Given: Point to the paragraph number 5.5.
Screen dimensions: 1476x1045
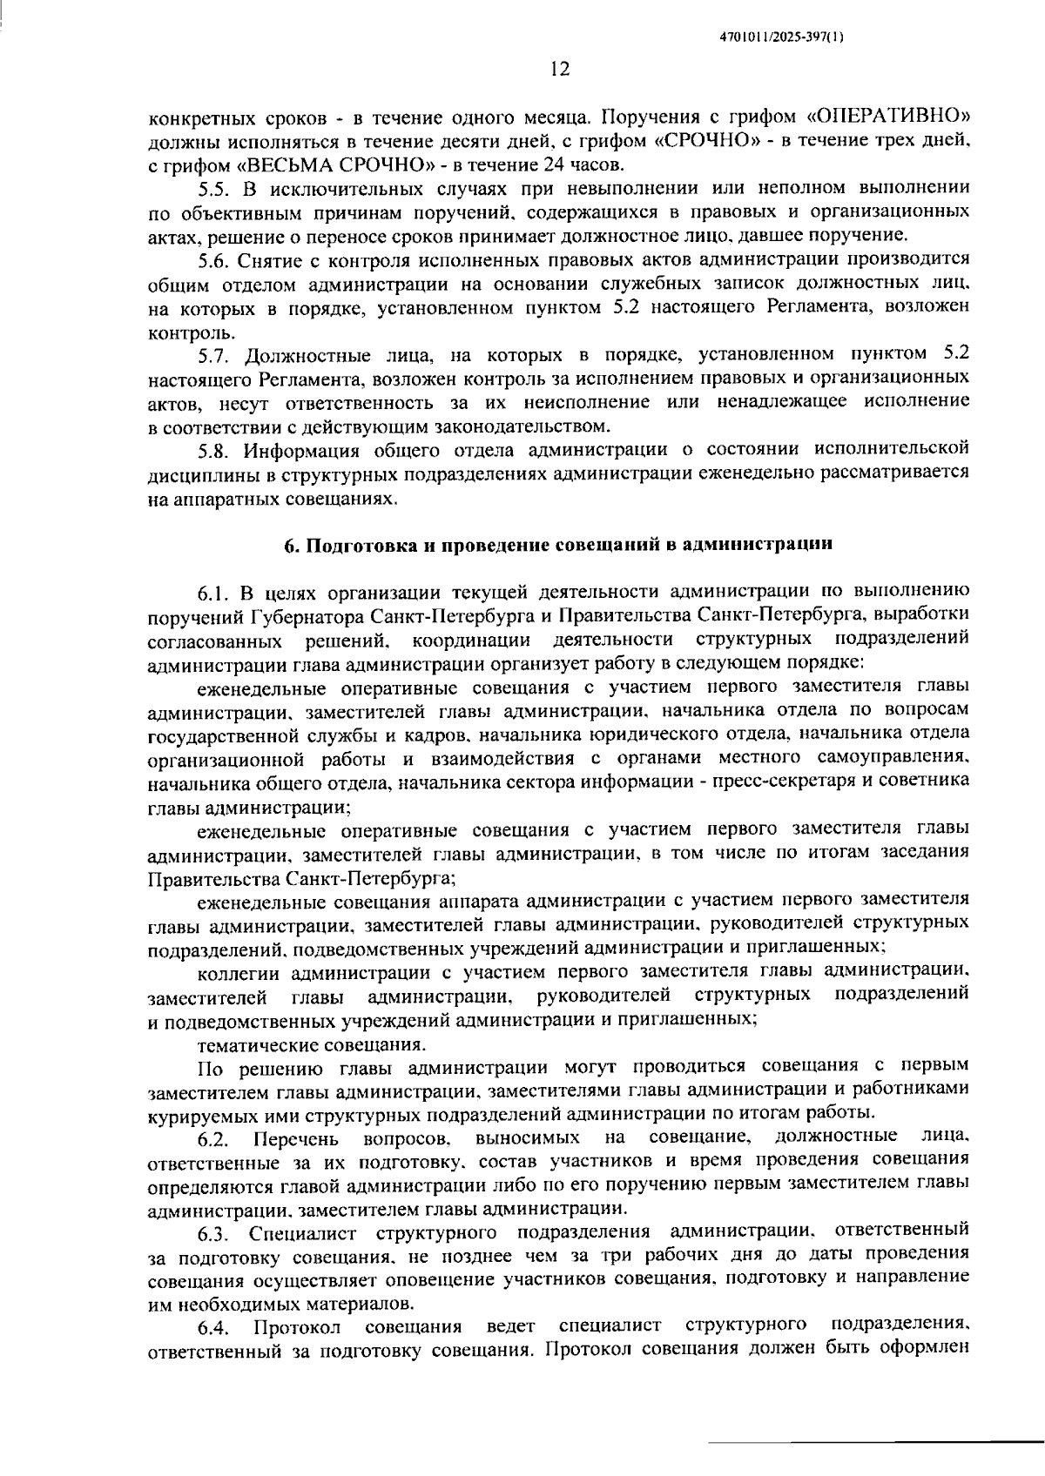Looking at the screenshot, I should [214, 188].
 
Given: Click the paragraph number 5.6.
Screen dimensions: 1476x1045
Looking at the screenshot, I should [214, 259].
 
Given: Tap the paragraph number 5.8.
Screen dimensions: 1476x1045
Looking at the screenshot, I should [214, 450].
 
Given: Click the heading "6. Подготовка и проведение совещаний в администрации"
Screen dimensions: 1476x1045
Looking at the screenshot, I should [559, 545].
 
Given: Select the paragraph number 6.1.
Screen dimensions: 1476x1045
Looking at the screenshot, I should [214, 594].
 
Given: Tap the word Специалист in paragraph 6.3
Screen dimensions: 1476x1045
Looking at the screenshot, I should [302, 1233].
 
